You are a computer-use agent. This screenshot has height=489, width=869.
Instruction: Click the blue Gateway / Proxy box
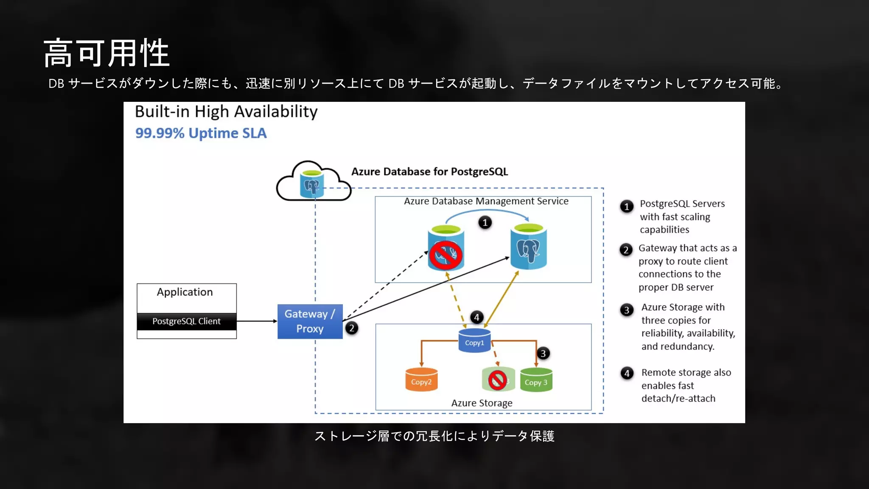coord(310,321)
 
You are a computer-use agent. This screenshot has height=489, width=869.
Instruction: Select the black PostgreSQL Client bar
coord(187,321)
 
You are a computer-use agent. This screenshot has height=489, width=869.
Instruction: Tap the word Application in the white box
coord(185,292)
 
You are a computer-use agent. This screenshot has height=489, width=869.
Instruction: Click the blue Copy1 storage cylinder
coord(474,341)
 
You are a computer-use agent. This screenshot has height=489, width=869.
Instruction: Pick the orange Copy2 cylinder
coord(421,380)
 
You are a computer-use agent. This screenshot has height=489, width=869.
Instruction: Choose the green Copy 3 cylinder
coord(536,380)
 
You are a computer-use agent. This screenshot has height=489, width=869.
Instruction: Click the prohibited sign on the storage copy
coord(497,380)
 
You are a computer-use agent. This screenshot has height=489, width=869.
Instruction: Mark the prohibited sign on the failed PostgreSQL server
coord(445,255)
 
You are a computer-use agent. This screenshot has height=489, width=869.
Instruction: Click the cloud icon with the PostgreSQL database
coord(313,183)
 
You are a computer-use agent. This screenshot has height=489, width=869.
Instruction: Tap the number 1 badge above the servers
coord(485,222)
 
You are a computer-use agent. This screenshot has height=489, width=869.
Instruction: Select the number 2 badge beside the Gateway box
coord(351,328)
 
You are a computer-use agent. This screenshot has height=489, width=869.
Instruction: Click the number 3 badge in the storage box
coord(543,353)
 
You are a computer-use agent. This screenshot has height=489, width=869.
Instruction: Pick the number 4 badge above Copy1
coord(477,317)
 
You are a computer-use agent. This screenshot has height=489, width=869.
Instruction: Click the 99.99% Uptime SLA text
coord(201,133)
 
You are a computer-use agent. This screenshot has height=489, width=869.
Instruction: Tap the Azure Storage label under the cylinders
coord(482,403)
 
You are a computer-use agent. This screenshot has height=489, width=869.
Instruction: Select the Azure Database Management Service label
coord(486,201)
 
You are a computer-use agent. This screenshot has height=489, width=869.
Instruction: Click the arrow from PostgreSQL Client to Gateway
coord(257,321)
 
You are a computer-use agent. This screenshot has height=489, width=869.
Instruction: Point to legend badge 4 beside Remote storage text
coord(627,374)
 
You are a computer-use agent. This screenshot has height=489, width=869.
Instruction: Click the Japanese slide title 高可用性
coord(107,53)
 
